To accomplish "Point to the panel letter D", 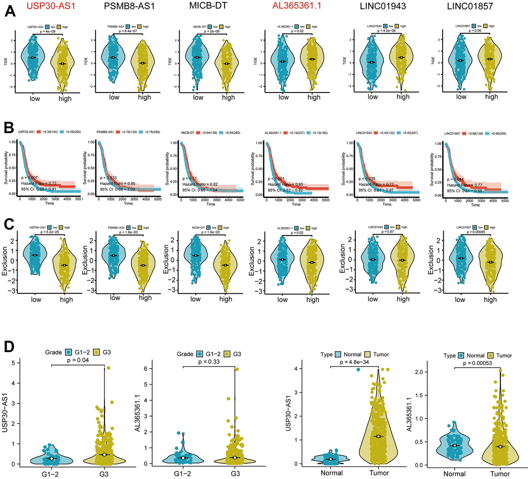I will click(x=9, y=346).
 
